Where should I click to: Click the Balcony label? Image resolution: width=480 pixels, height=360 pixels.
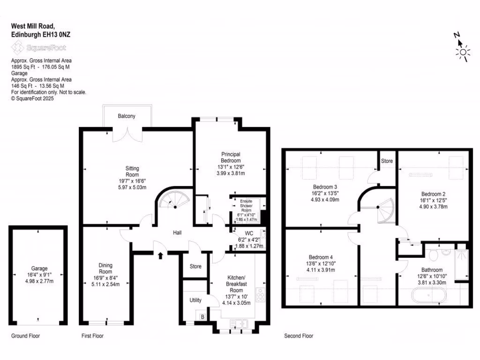tap(127, 116)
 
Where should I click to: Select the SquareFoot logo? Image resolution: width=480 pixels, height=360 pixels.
tap(39, 47)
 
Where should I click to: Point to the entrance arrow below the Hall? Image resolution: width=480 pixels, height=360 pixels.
tap(161, 255)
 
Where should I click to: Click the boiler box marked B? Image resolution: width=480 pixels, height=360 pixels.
tap(202, 316)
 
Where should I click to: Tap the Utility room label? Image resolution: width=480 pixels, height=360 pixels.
tap(195, 300)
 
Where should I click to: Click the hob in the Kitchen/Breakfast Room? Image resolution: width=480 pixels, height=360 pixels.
tap(260, 295)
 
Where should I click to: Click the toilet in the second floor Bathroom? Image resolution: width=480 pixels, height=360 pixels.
tap(434, 255)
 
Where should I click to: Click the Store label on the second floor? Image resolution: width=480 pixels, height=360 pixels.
tap(387, 161)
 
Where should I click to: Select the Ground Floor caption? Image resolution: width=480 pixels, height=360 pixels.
tap(26, 336)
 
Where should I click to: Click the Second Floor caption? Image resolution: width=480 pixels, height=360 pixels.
tap(299, 336)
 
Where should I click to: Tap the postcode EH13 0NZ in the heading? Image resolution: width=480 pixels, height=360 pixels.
tap(56, 35)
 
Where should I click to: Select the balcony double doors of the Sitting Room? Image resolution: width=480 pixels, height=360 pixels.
tap(127, 134)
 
